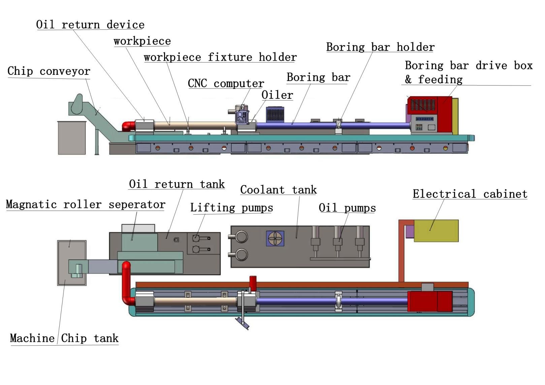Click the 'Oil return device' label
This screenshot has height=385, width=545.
click(x=90, y=25)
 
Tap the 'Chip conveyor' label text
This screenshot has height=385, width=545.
click(x=49, y=71)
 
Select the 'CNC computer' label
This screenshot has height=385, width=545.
click(x=226, y=83)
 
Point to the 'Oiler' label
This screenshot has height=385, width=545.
click(x=277, y=95)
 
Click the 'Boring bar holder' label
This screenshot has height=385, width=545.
click(x=380, y=47)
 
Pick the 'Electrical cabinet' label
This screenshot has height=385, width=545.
click(x=470, y=194)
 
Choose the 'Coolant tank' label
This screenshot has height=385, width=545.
click(x=278, y=190)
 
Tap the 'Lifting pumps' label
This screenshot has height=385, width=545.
click(x=231, y=208)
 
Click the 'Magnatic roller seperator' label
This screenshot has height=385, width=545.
click(x=86, y=204)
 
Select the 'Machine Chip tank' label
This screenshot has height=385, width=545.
click(x=64, y=338)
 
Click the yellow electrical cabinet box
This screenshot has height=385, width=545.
click(x=436, y=231)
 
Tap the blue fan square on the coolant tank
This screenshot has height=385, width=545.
click(x=275, y=238)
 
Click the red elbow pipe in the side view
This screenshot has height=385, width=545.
click(x=128, y=126)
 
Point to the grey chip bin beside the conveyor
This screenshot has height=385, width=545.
click(x=72, y=138)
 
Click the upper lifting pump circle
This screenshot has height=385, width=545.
click(x=196, y=238)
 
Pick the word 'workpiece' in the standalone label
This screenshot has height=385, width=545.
click(x=142, y=41)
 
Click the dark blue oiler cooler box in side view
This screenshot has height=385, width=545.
click(x=275, y=115)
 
